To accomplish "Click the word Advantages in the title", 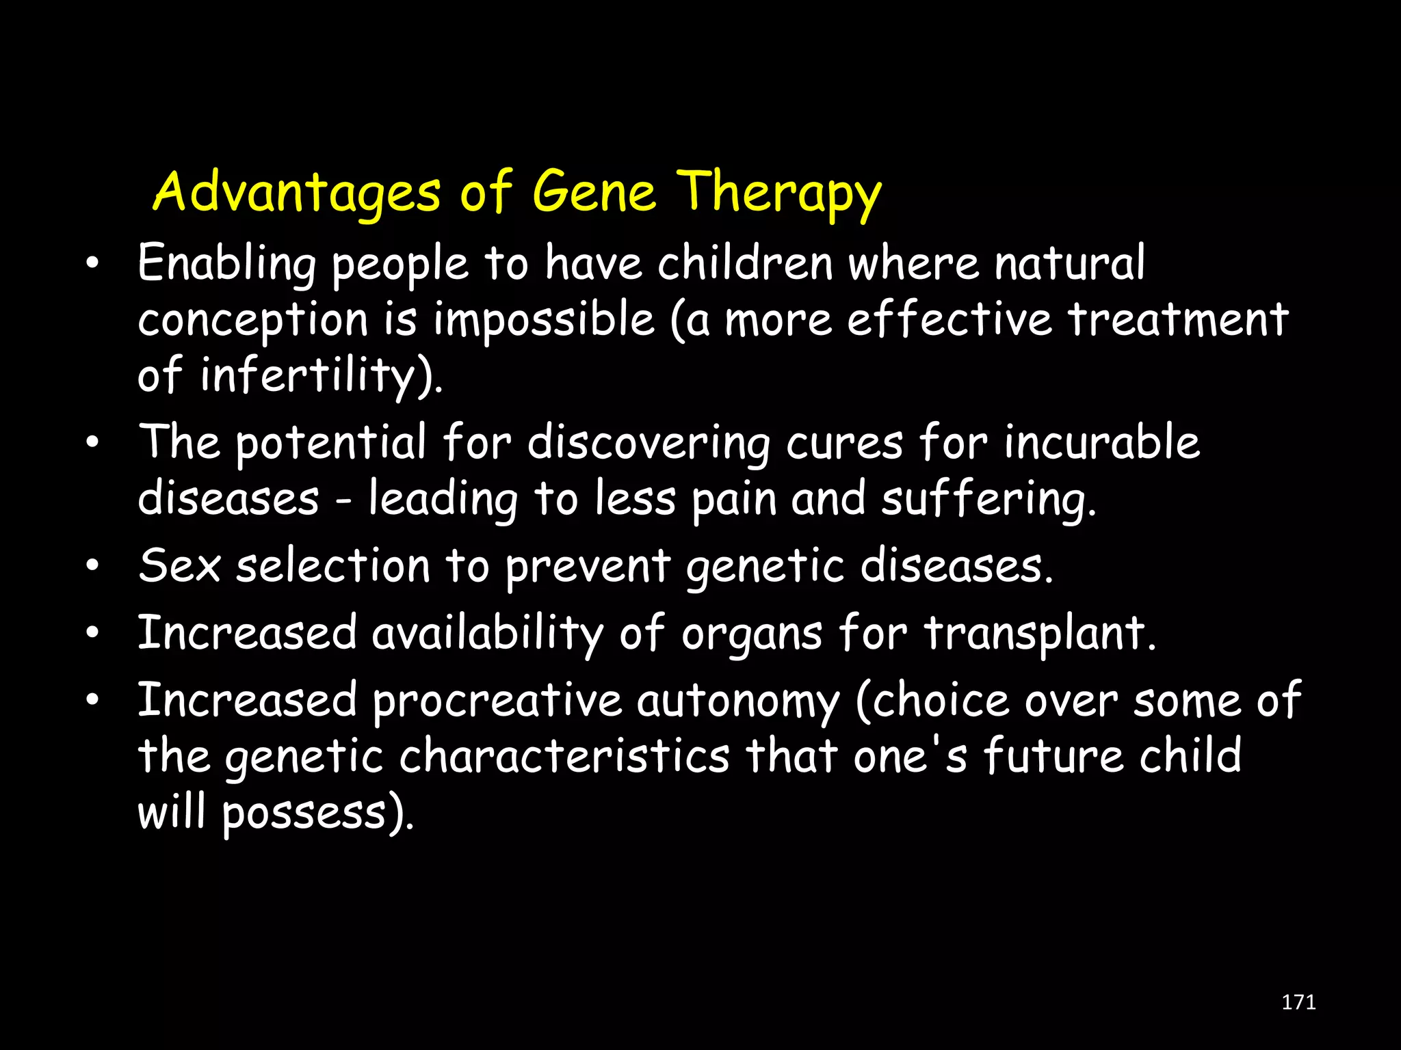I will click(296, 193).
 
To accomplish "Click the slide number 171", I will click(1298, 1002).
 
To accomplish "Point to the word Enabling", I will click(226, 264).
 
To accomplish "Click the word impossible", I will click(544, 320).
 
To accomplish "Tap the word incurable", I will click(1101, 442).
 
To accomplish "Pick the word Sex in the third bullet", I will click(179, 566).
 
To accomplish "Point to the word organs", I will click(751, 634).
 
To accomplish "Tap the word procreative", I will click(497, 701).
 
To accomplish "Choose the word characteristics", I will click(564, 757).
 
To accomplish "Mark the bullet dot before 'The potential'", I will click(93, 442).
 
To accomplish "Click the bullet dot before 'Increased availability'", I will click(93, 633).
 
